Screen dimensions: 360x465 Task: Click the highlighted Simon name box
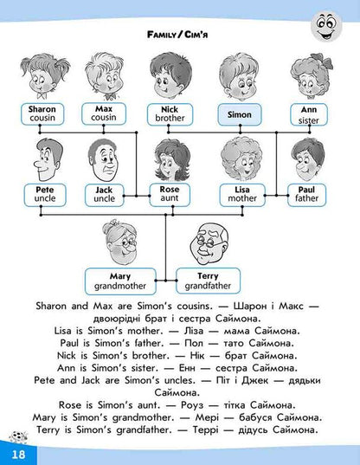[240, 114]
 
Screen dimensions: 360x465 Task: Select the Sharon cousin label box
[42, 114]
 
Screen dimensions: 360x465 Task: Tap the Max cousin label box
[104, 113]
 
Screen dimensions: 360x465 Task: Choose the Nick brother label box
[170, 114]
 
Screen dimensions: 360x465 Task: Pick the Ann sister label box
[309, 114]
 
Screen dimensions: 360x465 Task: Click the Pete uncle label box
[45, 195]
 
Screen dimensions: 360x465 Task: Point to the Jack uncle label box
[104, 195]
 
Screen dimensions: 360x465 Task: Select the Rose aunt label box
[170, 195]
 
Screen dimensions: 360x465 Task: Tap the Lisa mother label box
[242, 195]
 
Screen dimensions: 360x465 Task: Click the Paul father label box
[306, 195]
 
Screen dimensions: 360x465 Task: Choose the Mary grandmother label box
[120, 281]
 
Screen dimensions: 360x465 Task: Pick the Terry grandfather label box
[208, 281]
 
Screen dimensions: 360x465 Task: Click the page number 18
[18, 455]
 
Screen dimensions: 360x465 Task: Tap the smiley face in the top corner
[326, 26]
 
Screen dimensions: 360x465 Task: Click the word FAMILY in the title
[161, 35]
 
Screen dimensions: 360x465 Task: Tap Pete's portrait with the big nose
[47, 159]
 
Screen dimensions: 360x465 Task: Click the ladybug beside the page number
[18, 437]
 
